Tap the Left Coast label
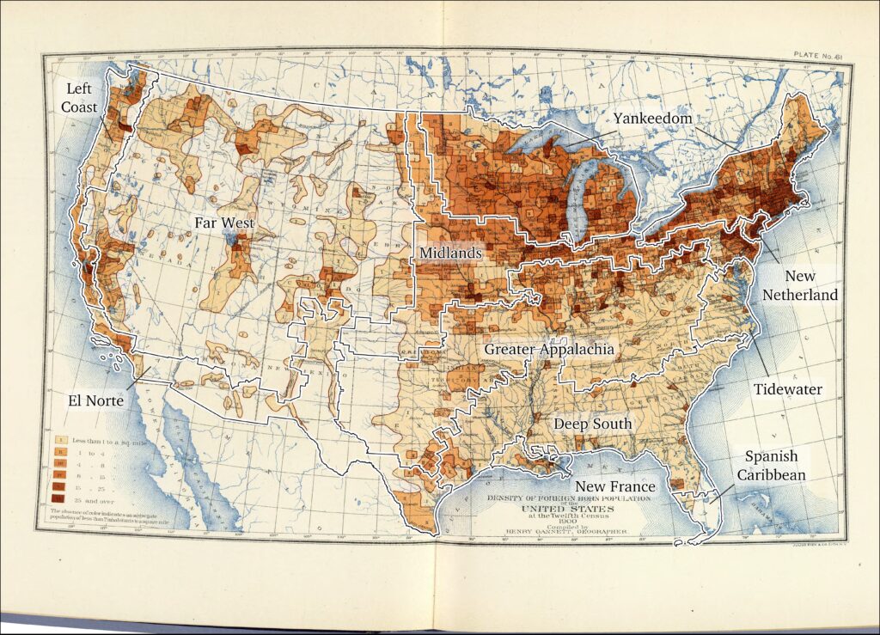79,98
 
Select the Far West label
224,222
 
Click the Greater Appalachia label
548,349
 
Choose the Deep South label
592,424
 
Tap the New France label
614,486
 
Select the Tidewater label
788,389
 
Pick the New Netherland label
800,285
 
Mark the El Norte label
97,400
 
